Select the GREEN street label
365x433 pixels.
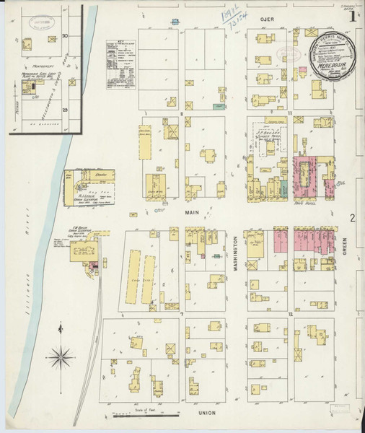[x=345, y=250]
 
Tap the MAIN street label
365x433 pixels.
[x=191, y=214]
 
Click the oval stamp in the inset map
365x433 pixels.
[x=38, y=21]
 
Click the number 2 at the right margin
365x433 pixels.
[x=353, y=218]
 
